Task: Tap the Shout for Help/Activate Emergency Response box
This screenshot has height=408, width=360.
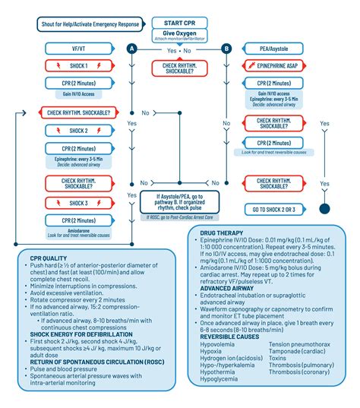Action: coord(90,24)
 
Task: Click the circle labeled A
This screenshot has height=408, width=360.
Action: coord(131,49)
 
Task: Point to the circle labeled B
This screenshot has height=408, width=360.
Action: coord(226,49)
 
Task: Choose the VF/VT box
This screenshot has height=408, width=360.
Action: coord(77,49)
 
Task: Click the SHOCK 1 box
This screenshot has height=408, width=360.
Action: coord(77,66)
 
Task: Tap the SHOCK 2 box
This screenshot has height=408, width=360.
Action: coord(77,130)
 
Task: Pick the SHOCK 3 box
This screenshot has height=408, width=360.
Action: coord(77,202)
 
